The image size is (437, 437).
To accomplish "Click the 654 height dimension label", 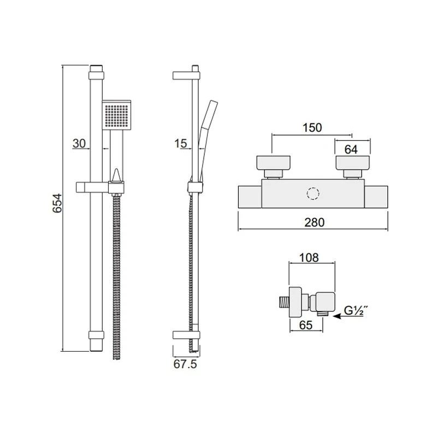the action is pyautogui.click(x=57, y=203).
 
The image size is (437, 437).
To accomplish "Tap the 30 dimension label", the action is pyautogui.click(x=79, y=143).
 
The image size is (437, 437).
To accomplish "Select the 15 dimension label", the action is pyautogui.click(x=181, y=143).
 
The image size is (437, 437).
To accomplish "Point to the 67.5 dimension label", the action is pyautogui.click(x=185, y=364).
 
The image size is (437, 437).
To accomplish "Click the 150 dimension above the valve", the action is pyautogui.click(x=312, y=127).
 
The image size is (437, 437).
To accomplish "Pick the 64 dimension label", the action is pyautogui.click(x=351, y=150).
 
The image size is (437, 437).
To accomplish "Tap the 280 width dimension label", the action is pyautogui.click(x=315, y=222).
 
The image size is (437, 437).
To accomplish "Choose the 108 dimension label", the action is pyautogui.click(x=309, y=257).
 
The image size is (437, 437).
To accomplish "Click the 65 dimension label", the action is pyautogui.click(x=306, y=325).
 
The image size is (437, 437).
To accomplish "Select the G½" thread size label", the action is pyautogui.click(x=355, y=310).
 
